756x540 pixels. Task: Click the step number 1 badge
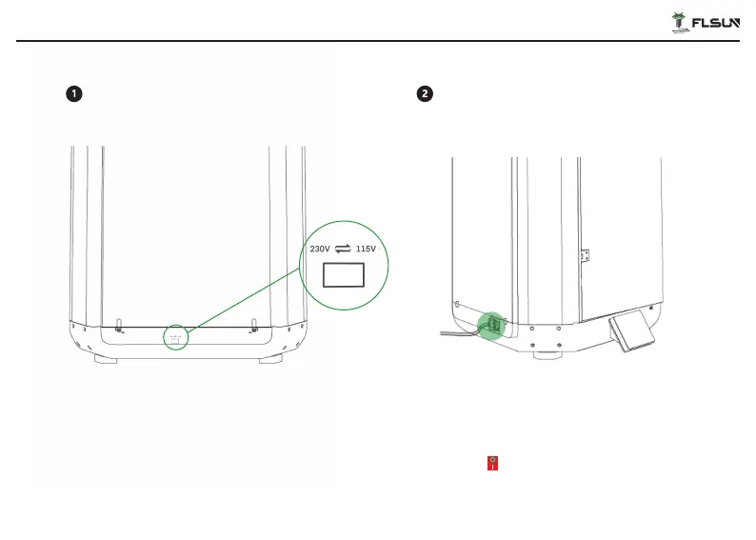click(74, 93)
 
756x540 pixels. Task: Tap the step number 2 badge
click(425, 93)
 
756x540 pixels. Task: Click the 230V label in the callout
click(320, 249)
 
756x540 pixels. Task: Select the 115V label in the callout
click(366, 249)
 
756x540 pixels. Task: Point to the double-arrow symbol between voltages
click(343, 249)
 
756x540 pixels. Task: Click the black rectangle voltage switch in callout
click(344, 275)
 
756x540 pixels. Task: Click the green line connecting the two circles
click(244, 300)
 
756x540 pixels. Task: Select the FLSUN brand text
click(715, 23)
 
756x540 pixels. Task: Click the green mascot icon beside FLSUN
click(679, 23)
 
